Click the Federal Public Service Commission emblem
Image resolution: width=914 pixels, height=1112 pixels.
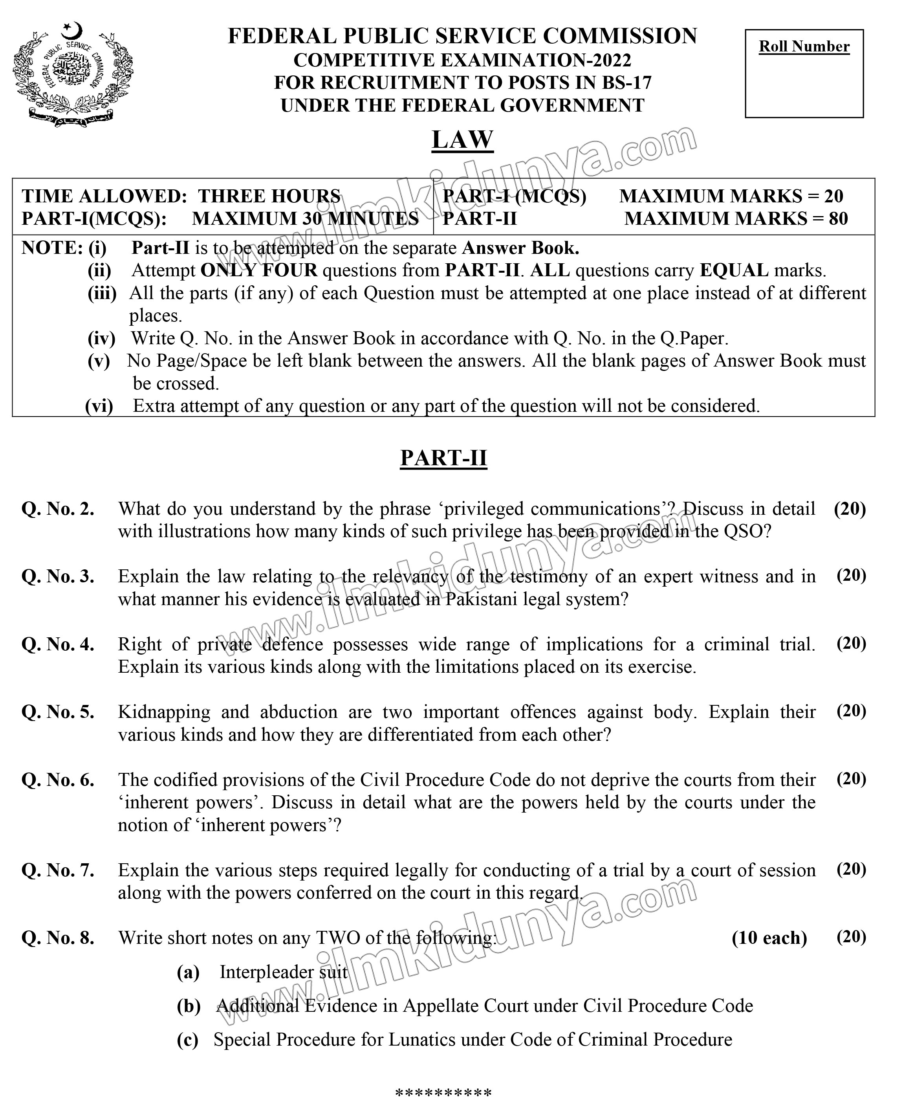pyautogui.click(x=73, y=74)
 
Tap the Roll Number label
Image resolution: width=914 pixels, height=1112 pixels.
pyautogui.click(x=804, y=46)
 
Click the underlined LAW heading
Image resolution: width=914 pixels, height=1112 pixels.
pyautogui.click(x=462, y=139)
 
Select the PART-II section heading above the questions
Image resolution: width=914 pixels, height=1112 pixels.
pyautogui.click(x=443, y=457)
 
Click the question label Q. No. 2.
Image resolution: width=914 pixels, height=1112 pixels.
pyautogui.click(x=58, y=509)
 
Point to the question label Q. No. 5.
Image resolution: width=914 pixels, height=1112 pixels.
pyautogui.click(x=58, y=712)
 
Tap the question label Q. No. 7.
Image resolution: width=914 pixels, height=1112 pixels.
pyautogui.click(x=58, y=870)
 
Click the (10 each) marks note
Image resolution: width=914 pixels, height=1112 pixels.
pyautogui.click(x=769, y=938)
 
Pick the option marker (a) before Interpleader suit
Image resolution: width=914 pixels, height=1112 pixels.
pyautogui.click(x=188, y=972)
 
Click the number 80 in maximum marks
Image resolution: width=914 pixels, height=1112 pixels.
pyautogui.click(x=838, y=218)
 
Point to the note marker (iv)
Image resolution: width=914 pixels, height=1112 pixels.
pyautogui.click(x=101, y=338)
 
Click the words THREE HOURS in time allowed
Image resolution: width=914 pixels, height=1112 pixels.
pyautogui.click(x=269, y=196)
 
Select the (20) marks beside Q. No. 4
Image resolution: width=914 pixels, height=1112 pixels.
pyautogui.click(x=851, y=643)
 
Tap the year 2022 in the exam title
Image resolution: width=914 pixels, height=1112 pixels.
pyautogui.click(x=611, y=60)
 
